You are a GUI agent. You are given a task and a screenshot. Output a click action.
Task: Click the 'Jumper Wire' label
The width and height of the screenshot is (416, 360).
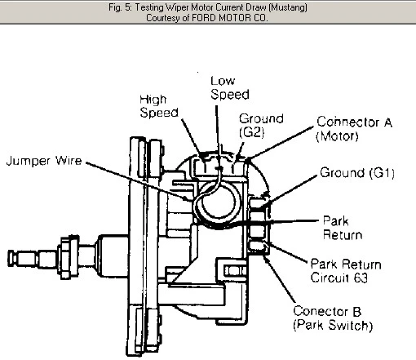(44, 161)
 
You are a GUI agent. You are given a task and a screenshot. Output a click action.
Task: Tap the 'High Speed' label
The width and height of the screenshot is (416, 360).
(159, 106)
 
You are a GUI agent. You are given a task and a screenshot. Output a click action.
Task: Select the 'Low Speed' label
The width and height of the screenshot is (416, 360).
(230, 88)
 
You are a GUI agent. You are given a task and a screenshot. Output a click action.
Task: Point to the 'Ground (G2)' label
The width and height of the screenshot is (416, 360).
(261, 125)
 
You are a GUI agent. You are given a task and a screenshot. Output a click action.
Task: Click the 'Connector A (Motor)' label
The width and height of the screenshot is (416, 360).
(354, 129)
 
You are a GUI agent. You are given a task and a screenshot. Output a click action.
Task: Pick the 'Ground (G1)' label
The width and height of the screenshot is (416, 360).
(357, 173)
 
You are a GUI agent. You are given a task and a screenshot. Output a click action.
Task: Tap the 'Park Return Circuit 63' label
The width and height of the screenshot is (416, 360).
(346, 271)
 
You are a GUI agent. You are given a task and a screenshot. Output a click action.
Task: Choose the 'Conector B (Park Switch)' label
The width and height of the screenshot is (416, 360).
(333, 318)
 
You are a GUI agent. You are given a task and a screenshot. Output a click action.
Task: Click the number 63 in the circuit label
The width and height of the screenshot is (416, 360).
(361, 278)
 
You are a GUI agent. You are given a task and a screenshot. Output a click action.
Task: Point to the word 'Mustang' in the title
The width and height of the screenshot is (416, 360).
(288, 7)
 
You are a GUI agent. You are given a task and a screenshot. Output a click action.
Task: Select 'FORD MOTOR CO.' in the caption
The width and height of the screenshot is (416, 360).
(230, 18)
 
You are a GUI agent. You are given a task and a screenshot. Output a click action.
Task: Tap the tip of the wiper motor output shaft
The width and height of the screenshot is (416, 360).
(8, 258)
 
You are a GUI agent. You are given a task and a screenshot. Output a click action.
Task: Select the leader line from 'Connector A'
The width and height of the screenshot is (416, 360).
(280, 143)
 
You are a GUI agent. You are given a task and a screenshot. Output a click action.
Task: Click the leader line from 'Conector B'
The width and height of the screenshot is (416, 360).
(279, 279)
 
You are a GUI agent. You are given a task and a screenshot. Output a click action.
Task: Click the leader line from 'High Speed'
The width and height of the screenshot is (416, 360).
(193, 139)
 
